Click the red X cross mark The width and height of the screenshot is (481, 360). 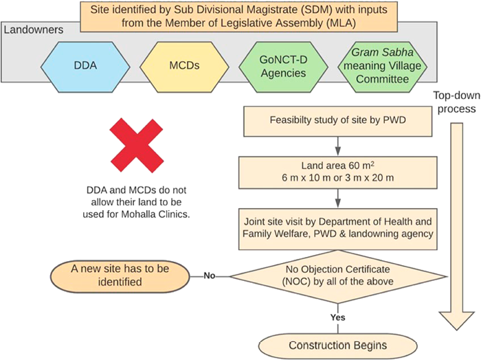coord(141,146)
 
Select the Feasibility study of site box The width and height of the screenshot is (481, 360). coord(337,121)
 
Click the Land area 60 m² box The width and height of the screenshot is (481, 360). coord(337,172)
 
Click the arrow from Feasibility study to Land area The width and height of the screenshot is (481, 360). coord(337,146)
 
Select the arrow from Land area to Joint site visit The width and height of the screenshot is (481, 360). coord(337,199)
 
